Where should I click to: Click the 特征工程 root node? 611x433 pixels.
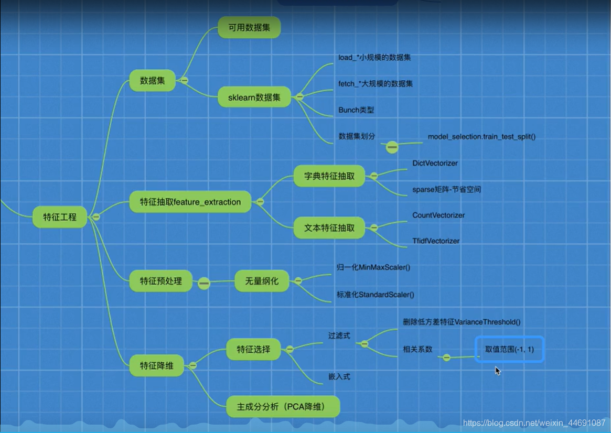click(x=60, y=217)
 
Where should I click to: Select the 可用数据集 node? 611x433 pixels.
click(x=249, y=28)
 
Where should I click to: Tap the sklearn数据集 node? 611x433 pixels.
click(x=254, y=97)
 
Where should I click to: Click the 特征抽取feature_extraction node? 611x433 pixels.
click(x=190, y=202)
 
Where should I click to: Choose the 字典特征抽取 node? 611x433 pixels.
click(x=329, y=176)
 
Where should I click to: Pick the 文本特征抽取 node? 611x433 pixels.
click(x=329, y=228)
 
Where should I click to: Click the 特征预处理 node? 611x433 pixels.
click(x=161, y=281)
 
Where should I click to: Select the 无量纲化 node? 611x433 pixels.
click(x=262, y=281)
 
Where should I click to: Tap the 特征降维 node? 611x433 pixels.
click(x=157, y=365)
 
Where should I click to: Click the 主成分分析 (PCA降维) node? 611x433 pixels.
click(x=283, y=407)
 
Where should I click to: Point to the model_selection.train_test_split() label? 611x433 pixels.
click(x=481, y=137)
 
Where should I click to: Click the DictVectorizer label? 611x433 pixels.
click(x=435, y=164)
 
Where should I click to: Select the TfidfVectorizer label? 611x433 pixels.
click(x=436, y=241)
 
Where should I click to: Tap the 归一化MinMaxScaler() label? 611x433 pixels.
click(x=373, y=267)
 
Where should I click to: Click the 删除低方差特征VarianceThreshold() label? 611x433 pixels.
click(x=462, y=322)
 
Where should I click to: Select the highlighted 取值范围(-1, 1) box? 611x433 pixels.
click(x=510, y=349)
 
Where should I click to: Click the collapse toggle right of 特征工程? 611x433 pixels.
click(x=96, y=216)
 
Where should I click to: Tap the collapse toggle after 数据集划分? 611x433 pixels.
click(x=392, y=148)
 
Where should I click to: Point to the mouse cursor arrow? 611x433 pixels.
click(x=497, y=371)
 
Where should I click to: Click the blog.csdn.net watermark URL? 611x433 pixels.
click(x=534, y=423)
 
